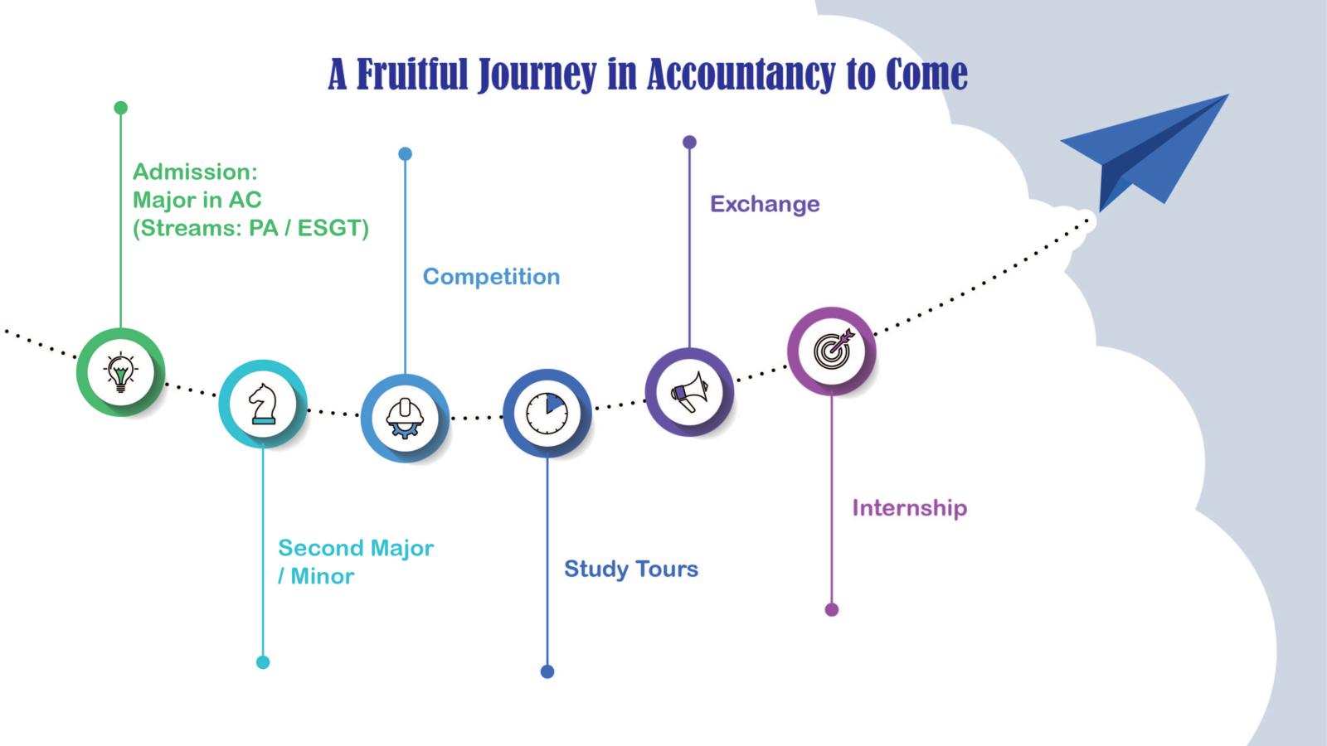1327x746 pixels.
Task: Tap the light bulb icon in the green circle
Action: click(x=121, y=372)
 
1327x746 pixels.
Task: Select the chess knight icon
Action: click(x=263, y=404)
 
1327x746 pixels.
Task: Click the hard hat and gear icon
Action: click(x=405, y=418)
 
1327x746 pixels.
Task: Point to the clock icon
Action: click(x=547, y=413)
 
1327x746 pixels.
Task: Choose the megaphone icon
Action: click(x=689, y=392)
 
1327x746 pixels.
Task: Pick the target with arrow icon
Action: click(x=833, y=350)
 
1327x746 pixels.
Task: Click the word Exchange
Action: click(x=765, y=204)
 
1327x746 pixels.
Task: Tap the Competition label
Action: click(x=491, y=277)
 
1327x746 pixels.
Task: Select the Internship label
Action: click(x=909, y=508)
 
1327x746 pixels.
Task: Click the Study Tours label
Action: click(x=631, y=569)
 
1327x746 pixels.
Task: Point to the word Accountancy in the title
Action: click(x=741, y=74)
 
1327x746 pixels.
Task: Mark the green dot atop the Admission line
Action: click(x=121, y=108)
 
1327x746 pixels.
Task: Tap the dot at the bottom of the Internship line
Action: click(x=832, y=610)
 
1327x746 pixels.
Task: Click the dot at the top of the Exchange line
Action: click(x=689, y=142)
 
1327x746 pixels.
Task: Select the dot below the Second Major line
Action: click(x=263, y=662)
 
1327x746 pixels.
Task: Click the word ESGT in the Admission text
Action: click(x=333, y=228)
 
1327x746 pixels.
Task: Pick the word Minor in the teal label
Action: click(x=323, y=577)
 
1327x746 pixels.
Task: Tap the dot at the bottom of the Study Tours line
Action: click(x=547, y=671)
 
